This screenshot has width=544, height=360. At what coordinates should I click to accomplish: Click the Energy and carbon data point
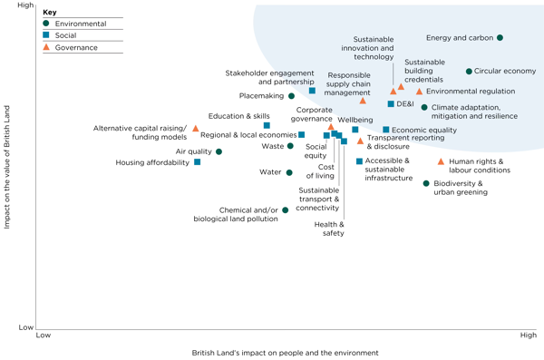(x=500, y=38)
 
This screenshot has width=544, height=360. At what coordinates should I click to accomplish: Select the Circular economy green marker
(x=469, y=71)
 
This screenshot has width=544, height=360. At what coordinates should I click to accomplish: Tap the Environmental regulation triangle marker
(x=419, y=92)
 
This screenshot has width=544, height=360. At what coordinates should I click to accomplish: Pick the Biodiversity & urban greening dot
(x=426, y=183)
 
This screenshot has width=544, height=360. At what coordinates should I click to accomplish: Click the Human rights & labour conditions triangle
(x=442, y=162)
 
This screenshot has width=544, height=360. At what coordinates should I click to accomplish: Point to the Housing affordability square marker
(x=197, y=162)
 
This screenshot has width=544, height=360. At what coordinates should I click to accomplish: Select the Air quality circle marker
(x=219, y=151)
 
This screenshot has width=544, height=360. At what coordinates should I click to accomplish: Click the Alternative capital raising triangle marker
(x=195, y=129)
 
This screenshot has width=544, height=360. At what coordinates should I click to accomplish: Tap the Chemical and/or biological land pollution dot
(x=285, y=209)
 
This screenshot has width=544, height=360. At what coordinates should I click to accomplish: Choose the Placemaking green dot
(x=291, y=95)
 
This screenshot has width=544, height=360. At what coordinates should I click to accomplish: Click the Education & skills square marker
(x=267, y=125)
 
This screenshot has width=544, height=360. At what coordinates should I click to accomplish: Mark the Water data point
(x=289, y=172)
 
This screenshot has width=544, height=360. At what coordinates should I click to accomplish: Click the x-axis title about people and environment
(x=285, y=352)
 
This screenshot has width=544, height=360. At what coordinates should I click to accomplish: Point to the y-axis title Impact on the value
(x=7, y=166)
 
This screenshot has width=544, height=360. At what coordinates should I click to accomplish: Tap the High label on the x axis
(x=528, y=336)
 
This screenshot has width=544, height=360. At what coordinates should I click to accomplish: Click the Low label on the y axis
(x=26, y=327)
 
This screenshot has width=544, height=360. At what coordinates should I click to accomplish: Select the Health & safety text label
(x=333, y=229)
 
